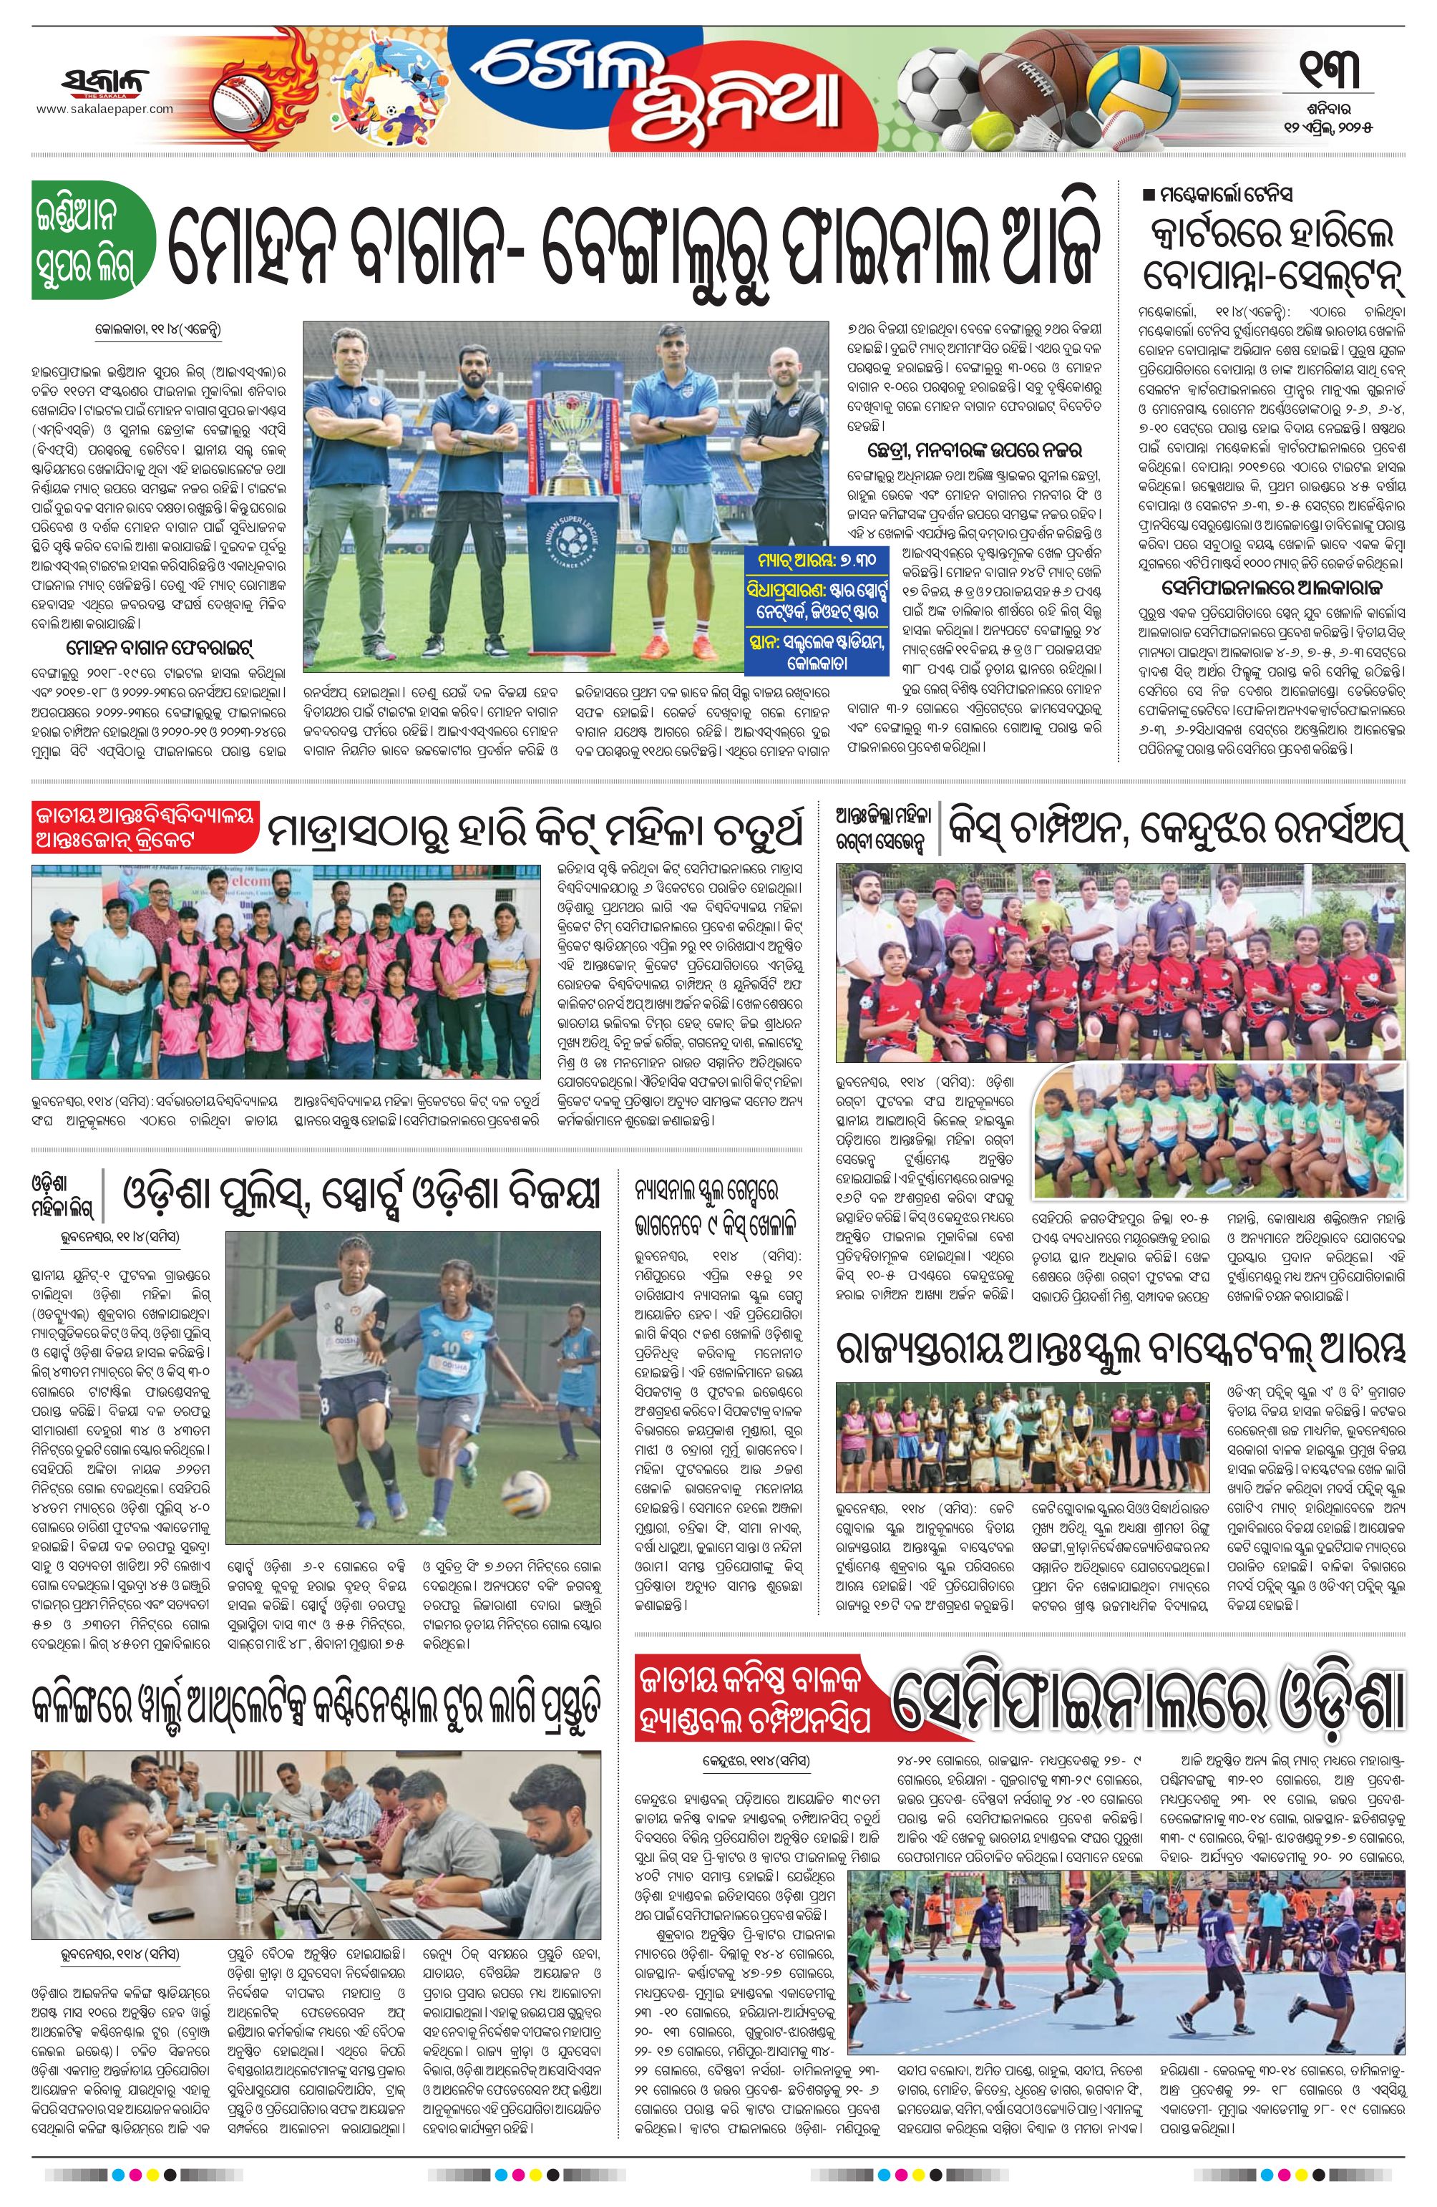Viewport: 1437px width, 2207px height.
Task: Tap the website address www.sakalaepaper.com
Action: (104, 109)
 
